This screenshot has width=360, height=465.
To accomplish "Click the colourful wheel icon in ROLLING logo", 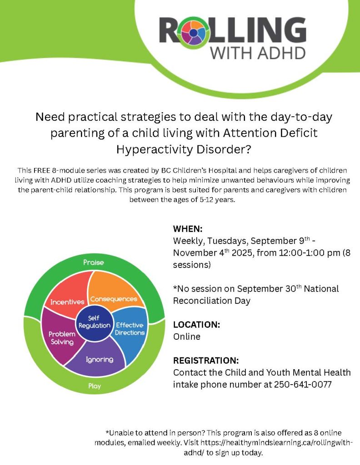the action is tap(193, 33).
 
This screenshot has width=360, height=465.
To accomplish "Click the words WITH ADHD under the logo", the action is tap(258, 53).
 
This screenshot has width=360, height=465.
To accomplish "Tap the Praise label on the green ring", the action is tap(94, 262).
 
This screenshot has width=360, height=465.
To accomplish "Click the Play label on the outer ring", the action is tap(95, 386).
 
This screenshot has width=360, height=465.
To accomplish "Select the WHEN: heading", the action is tap(188, 229).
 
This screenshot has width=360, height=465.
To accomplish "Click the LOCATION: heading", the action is tap(196, 324).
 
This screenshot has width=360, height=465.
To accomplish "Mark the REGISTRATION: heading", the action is tap(206, 360).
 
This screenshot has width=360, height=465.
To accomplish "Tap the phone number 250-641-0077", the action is tap(303, 384).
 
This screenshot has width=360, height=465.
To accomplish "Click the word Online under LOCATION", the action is tap(187, 336).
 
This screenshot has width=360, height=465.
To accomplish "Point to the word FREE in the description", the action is tap(42, 171).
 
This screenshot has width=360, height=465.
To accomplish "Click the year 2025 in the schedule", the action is tap(243, 253).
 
